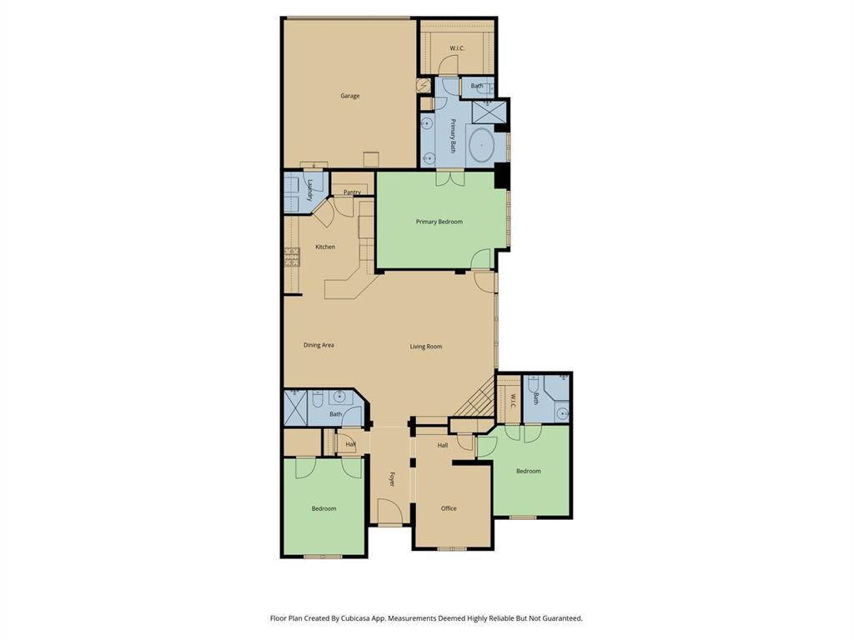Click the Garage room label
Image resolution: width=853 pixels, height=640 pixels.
[349, 96]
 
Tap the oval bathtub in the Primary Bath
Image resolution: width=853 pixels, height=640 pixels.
[481, 145]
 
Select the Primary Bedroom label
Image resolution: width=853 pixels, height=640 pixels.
[439, 222]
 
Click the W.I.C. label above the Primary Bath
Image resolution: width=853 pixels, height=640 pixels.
[457, 48]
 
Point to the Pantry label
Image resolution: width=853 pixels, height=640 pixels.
[352, 192]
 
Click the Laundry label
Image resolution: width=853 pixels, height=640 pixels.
[309, 191]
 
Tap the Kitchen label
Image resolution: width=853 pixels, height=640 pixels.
[325, 247]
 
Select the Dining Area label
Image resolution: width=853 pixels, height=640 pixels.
[319, 345]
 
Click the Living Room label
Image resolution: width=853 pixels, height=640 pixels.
[425, 347]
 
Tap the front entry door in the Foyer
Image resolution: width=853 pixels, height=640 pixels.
[389, 512]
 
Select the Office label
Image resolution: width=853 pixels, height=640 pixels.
[449, 508]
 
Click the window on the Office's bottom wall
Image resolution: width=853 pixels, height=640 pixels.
[451, 548]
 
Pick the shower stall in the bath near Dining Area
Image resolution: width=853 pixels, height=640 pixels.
[296, 406]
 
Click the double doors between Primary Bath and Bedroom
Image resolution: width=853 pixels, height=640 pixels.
[449, 177]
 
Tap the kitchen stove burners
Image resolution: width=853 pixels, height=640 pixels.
[291, 256]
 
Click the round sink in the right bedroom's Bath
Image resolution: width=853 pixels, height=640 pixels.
[563, 412]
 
